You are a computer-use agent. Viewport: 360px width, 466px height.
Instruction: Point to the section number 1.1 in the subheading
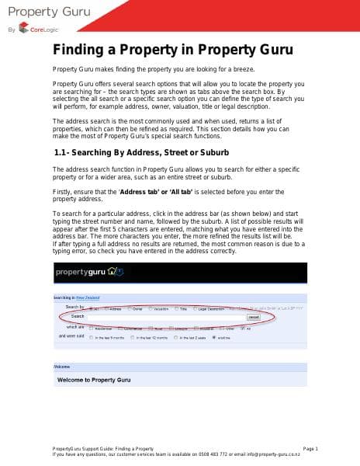(64, 152)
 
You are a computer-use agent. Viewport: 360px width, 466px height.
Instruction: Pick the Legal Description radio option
(206, 308)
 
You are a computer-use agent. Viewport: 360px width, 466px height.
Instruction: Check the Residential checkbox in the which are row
(91, 327)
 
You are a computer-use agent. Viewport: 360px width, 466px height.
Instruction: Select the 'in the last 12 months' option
(134, 338)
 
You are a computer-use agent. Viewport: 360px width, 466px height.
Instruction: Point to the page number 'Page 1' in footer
(310, 449)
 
